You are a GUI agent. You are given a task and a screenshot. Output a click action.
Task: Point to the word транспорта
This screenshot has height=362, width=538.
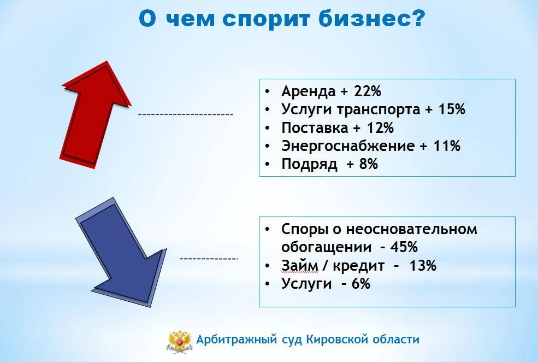[x=378, y=110]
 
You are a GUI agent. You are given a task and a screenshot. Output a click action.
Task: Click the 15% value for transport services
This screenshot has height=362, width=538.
[x=452, y=109]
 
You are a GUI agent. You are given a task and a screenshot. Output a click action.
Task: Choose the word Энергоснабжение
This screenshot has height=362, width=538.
[x=348, y=146]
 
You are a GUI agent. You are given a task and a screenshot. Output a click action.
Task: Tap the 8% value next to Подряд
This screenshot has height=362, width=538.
[x=369, y=164]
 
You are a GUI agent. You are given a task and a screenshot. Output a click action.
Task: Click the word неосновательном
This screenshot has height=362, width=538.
[x=411, y=229]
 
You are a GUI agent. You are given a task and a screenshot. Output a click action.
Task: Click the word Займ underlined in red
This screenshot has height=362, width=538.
[x=299, y=266]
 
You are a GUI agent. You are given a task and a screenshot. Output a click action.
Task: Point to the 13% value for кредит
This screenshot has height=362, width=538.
[x=423, y=266]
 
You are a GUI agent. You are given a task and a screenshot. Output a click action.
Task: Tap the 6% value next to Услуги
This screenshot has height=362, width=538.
[x=361, y=284]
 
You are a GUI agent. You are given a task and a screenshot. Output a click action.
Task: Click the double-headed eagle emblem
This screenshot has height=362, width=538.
[x=180, y=341]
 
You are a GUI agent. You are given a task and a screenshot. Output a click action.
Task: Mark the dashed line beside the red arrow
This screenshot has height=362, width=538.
[x=186, y=114]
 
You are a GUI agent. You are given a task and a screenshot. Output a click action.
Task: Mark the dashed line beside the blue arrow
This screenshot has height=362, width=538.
[x=209, y=258]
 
